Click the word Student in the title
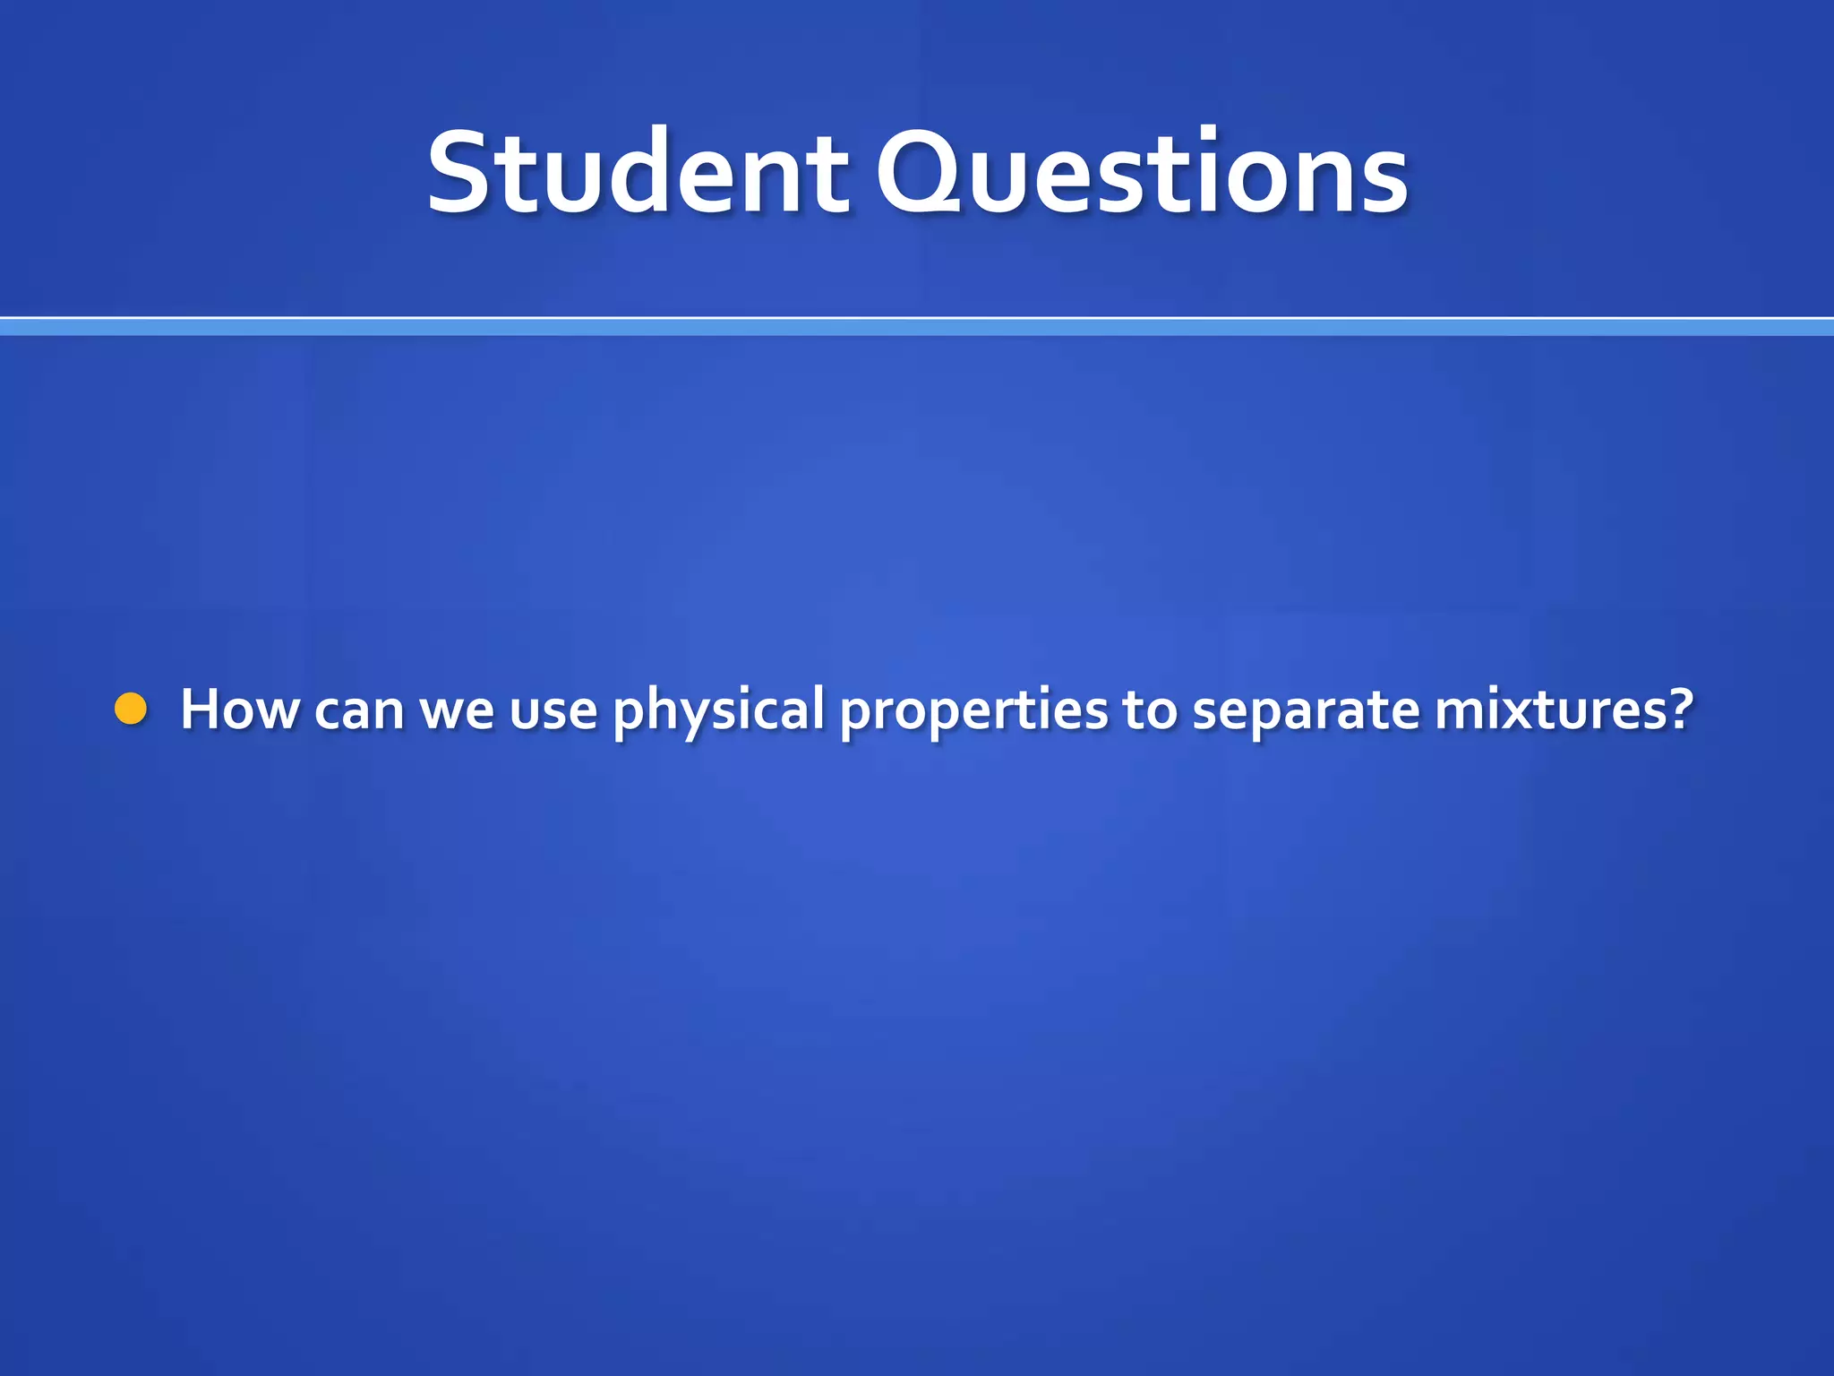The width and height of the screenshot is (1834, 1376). (637, 172)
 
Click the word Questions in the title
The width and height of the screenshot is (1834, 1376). (1142, 172)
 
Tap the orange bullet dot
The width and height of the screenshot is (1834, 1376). (131, 709)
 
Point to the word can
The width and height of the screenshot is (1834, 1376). (358, 710)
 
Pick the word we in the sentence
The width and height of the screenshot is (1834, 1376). (457, 710)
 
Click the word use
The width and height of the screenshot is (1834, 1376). (553, 710)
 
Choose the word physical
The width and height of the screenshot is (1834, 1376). (718, 710)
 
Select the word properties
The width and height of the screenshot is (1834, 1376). (973, 710)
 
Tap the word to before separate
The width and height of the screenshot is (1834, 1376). (1149, 710)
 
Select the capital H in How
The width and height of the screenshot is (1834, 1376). (201, 709)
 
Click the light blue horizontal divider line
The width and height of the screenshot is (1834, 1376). (917, 328)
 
